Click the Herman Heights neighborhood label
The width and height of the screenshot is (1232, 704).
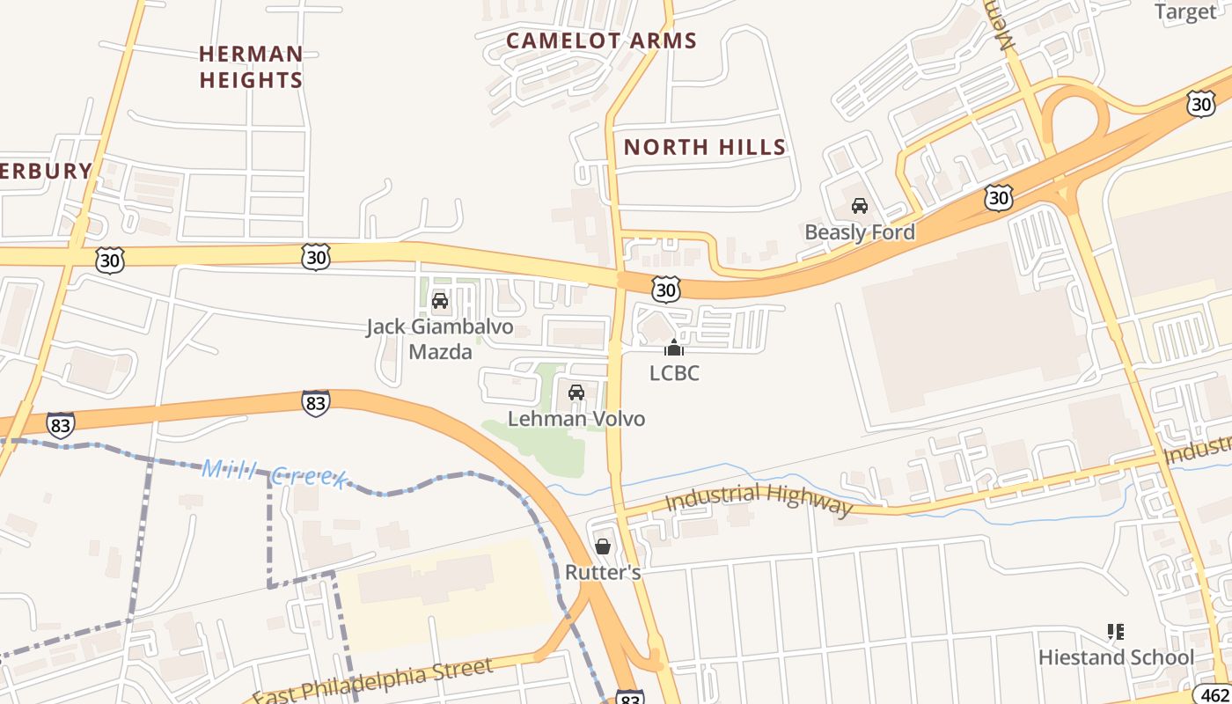(x=251, y=67)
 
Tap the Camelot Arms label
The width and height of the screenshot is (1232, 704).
(x=601, y=40)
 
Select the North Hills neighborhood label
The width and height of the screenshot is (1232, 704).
(x=704, y=147)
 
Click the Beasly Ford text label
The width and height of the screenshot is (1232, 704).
(x=860, y=232)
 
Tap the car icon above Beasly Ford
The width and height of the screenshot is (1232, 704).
(x=860, y=206)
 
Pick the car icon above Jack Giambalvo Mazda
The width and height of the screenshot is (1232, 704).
(x=440, y=302)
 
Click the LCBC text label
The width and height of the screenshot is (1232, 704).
(x=674, y=373)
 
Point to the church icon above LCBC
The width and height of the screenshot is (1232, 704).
(x=674, y=348)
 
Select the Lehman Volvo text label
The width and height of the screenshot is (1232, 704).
(x=576, y=419)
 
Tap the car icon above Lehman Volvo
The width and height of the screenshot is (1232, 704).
(x=576, y=392)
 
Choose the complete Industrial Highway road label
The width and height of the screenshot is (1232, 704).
(x=759, y=500)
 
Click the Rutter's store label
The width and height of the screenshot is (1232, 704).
(x=603, y=572)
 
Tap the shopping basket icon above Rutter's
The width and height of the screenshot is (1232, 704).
(x=603, y=546)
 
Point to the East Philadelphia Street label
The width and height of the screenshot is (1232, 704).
(x=371, y=682)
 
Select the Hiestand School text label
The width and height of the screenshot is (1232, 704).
(x=1116, y=657)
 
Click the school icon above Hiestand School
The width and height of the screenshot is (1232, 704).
(x=1116, y=631)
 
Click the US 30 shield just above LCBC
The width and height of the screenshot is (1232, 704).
(x=666, y=289)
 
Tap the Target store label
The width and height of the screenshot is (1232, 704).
(x=1184, y=11)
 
